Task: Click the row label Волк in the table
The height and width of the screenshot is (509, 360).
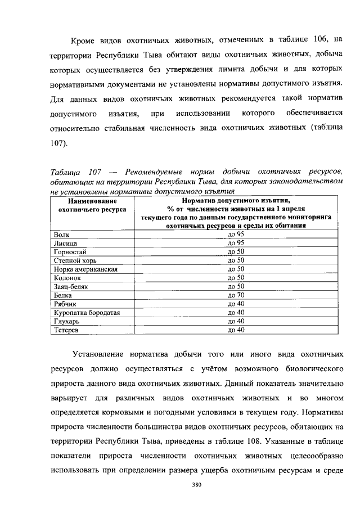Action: pos(62,234)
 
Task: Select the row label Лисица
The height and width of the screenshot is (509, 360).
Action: pos(65,243)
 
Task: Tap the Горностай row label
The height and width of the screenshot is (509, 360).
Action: pos(69,251)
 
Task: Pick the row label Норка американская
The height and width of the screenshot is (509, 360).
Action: pos(85,269)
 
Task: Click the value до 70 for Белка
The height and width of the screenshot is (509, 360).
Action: pos(236,295)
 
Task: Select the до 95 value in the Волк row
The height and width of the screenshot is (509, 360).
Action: pos(236,234)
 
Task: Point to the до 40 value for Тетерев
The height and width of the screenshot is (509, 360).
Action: pos(236,330)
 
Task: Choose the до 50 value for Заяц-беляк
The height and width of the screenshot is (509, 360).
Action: pos(236,286)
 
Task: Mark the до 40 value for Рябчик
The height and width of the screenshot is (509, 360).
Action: pos(236,304)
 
